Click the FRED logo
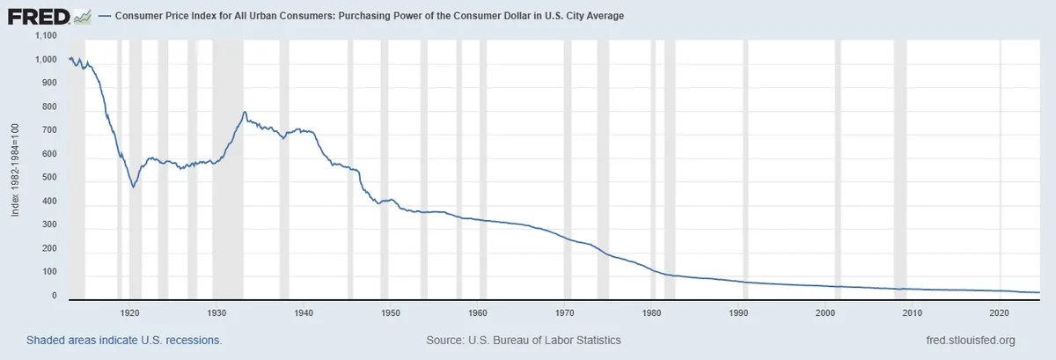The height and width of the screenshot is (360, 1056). (x=49, y=16)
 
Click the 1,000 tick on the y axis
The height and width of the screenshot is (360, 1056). (x=44, y=59)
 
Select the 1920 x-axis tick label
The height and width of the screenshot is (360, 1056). (x=129, y=312)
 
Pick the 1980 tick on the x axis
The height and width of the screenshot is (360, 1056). (x=652, y=312)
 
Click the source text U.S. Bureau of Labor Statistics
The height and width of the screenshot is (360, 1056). (x=523, y=340)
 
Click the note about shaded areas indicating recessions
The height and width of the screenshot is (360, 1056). (x=123, y=340)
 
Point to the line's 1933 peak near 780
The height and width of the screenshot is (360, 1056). (x=244, y=112)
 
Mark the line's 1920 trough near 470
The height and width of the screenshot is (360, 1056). (x=133, y=187)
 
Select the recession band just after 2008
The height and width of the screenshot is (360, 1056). (x=899, y=167)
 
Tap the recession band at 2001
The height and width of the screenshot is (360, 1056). (x=837, y=167)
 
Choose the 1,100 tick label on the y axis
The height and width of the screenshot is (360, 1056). (x=44, y=35)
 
